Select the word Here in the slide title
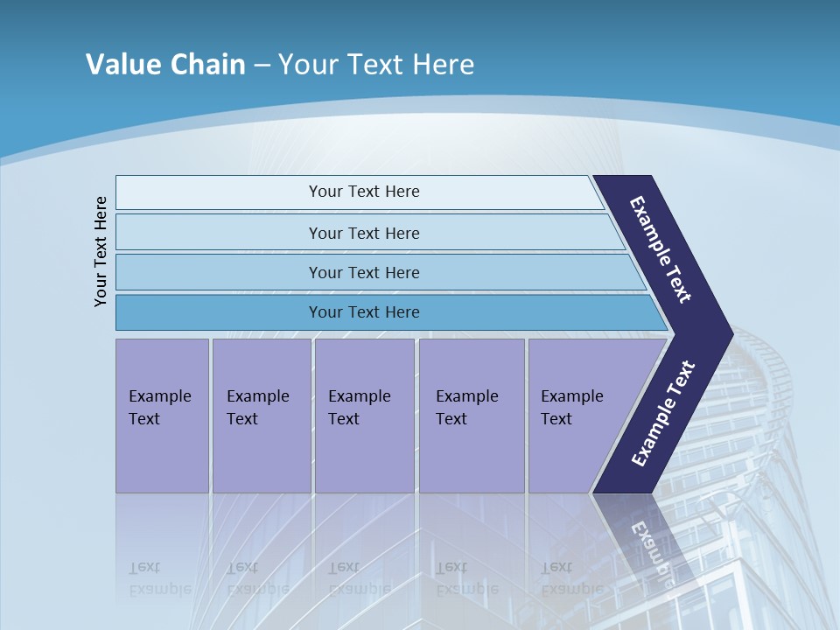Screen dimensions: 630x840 point(443,65)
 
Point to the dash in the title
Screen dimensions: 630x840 point(262,66)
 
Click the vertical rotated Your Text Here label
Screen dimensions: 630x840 point(101,251)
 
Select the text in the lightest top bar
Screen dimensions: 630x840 point(364,192)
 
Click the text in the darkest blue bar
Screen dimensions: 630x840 point(364,312)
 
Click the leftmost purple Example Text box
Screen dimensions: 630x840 point(162,415)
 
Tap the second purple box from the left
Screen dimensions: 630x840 point(261,415)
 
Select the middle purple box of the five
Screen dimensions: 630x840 point(364,415)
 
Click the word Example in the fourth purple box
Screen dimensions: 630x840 point(466,396)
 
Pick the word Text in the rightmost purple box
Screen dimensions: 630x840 point(556,419)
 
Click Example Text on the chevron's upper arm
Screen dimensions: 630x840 point(661,249)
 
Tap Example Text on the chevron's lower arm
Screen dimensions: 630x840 point(662,414)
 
